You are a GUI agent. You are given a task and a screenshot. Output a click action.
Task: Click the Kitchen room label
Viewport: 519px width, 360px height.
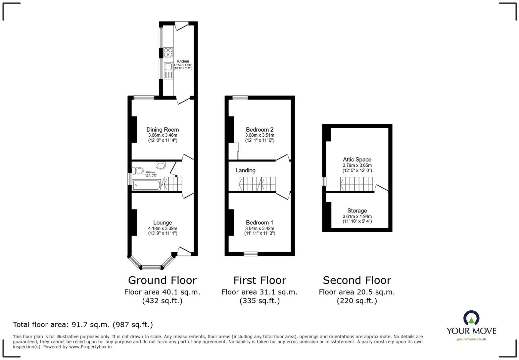(x=183, y=61)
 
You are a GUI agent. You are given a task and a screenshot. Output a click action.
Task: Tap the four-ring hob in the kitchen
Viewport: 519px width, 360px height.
(x=168, y=53)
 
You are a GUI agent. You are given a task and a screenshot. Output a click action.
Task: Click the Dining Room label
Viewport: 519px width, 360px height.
(x=163, y=130)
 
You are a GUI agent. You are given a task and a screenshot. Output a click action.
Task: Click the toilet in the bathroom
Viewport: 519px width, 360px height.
(x=138, y=171)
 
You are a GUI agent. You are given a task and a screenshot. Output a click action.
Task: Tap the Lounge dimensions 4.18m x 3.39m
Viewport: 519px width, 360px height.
(x=163, y=228)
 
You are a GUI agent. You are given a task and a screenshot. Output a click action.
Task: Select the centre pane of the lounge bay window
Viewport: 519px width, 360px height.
(x=151, y=267)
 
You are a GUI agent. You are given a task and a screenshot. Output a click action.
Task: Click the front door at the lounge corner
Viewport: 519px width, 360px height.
(x=184, y=251)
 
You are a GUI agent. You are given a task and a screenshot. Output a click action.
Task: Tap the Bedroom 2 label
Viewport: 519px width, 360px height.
(x=259, y=130)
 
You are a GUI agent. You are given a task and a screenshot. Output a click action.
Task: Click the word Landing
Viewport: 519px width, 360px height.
(x=245, y=170)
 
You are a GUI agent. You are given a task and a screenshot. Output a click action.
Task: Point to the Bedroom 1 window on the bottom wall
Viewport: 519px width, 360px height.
(x=251, y=254)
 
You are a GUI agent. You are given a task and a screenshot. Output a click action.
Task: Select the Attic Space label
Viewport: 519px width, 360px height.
(x=357, y=159)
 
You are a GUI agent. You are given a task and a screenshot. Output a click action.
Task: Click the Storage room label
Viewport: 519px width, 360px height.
(x=357, y=211)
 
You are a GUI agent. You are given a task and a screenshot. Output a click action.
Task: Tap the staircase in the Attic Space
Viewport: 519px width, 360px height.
(x=356, y=184)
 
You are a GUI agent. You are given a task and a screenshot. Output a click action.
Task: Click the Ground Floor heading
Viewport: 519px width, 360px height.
(x=162, y=280)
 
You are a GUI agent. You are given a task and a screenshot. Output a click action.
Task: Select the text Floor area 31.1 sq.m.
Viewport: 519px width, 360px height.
(x=259, y=292)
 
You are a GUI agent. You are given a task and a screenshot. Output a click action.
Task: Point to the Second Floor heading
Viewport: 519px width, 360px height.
(x=357, y=280)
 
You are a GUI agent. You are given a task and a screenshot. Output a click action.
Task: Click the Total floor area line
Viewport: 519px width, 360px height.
(x=83, y=325)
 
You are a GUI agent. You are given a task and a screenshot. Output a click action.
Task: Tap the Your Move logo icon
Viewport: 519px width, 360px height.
(x=471, y=318)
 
